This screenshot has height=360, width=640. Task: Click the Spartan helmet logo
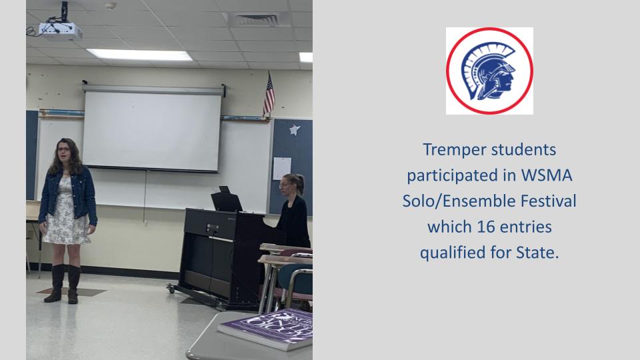489,71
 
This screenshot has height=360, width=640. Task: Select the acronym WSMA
547,175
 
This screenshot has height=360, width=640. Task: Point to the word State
537,252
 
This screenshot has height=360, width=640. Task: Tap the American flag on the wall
269,95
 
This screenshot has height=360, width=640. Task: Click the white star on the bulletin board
295,130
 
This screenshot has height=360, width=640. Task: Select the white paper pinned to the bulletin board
281,168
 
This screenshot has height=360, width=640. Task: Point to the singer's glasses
64,149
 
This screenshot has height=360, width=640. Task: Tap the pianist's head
291,185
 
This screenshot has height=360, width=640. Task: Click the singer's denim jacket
68,196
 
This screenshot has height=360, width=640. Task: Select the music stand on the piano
227,201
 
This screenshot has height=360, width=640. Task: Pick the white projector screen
152,129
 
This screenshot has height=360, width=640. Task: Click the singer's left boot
73,284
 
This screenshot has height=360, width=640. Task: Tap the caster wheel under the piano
171,289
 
